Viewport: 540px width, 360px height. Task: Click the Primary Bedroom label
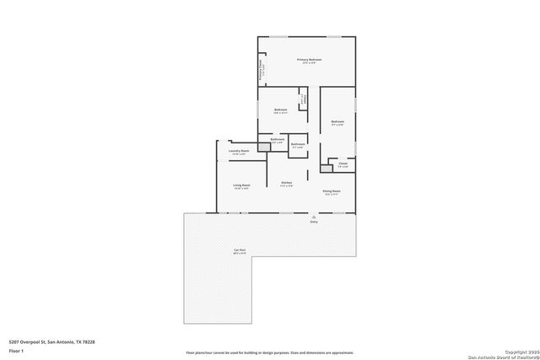click(309, 60)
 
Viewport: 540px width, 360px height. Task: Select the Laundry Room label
click(239, 151)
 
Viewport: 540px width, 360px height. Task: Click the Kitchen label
click(286, 183)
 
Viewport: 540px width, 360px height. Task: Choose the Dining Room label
click(332, 191)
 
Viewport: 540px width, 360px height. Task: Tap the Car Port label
click(240, 250)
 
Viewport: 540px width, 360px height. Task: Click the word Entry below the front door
click(314, 222)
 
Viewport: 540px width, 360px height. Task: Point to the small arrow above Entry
click(314, 216)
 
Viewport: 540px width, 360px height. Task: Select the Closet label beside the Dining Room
click(343, 164)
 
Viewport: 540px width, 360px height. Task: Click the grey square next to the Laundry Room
click(263, 147)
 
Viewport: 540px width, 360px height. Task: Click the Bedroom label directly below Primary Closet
click(281, 110)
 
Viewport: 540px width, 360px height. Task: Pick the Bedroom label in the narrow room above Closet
click(337, 123)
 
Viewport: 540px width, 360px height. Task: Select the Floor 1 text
click(15, 350)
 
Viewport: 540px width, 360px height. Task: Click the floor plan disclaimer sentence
click(270, 352)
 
